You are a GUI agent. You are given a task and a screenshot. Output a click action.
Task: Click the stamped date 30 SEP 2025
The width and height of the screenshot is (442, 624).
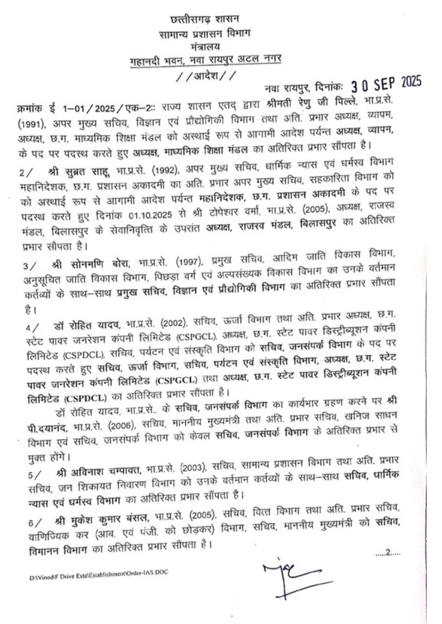386,84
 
